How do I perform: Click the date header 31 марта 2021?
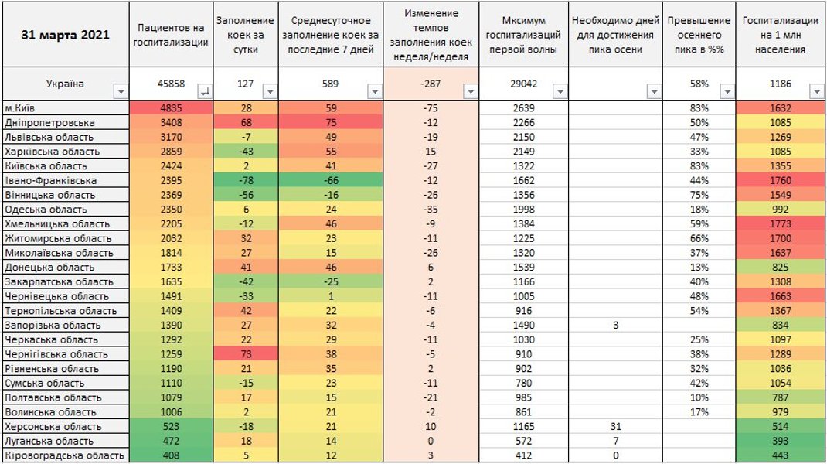click(x=65, y=35)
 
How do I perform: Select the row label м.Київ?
click(x=22, y=108)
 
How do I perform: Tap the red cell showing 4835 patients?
click(x=171, y=108)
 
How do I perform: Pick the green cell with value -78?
click(x=247, y=180)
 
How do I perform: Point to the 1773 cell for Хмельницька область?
click(x=781, y=223)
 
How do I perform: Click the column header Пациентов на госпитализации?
click(x=171, y=35)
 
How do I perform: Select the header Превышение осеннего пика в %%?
click(x=699, y=35)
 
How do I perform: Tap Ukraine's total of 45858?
click(x=171, y=84)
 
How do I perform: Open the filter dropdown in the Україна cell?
click(x=120, y=92)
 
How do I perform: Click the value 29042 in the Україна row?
click(x=524, y=84)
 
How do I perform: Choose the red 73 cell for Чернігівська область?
click(x=247, y=354)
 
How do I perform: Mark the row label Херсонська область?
click(x=53, y=427)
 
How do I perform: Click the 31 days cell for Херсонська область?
click(x=615, y=427)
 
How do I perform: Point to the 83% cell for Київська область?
click(x=699, y=165)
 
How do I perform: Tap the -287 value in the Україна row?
click(x=431, y=84)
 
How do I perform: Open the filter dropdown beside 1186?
click(x=816, y=92)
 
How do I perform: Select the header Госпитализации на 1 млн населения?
click(x=781, y=35)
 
